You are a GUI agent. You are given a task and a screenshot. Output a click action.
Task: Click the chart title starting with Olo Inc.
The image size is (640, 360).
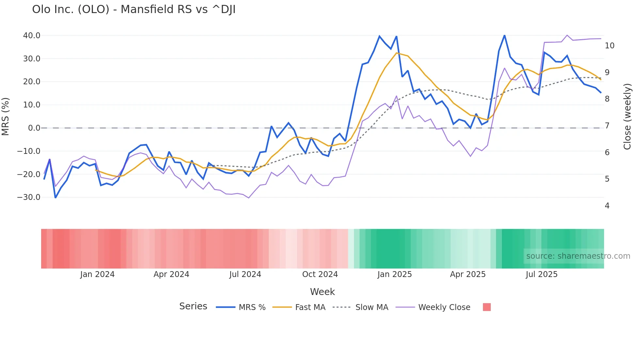click(x=134, y=9)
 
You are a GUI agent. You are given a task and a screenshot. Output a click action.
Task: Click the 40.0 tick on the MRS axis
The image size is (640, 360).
click(x=32, y=36)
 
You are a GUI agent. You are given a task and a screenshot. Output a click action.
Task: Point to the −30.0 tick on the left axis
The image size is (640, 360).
click(x=29, y=197)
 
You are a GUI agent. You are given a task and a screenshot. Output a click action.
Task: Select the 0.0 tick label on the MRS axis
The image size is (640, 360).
click(x=34, y=128)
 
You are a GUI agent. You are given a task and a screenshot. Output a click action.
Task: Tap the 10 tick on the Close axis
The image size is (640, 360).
click(x=609, y=46)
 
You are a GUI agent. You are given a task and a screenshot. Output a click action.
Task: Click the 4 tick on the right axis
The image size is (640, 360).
click(x=607, y=206)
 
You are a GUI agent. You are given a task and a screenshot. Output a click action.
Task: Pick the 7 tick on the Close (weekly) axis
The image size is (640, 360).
click(x=607, y=126)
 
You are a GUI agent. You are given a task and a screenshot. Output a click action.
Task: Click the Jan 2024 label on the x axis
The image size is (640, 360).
click(x=97, y=274)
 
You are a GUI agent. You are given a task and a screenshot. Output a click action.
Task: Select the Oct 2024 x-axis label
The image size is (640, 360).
click(x=320, y=274)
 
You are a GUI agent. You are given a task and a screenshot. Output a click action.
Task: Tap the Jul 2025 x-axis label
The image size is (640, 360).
click(x=541, y=274)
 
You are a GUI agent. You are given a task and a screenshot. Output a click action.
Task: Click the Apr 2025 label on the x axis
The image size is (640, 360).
click(x=468, y=274)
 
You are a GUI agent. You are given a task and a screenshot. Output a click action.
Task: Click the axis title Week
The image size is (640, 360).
click(x=322, y=292)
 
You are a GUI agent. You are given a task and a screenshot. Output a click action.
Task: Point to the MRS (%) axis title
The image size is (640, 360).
click(x=6, y=116)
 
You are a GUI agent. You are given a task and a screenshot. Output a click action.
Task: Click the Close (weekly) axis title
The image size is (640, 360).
click(x=627, y=116)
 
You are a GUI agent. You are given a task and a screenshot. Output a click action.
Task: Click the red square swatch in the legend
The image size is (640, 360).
click(x=487, y=307)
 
